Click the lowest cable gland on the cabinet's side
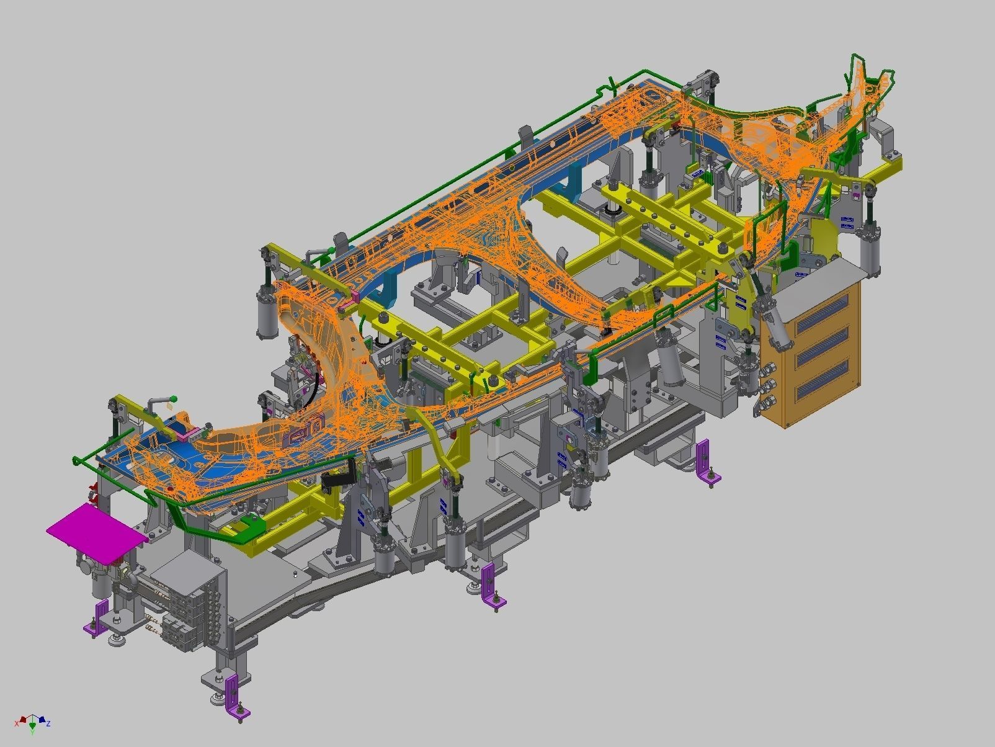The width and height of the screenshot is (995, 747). [x=759, y=409]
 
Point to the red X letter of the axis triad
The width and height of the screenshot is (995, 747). [x=17, y=723]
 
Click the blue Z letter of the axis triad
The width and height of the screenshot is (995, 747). [x=48, y=723]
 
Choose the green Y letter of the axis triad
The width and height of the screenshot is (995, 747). [x=32, y=732]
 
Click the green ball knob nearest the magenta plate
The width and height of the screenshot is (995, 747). [x=174, y=399]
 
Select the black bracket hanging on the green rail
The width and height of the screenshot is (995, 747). [x=339, y=478]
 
